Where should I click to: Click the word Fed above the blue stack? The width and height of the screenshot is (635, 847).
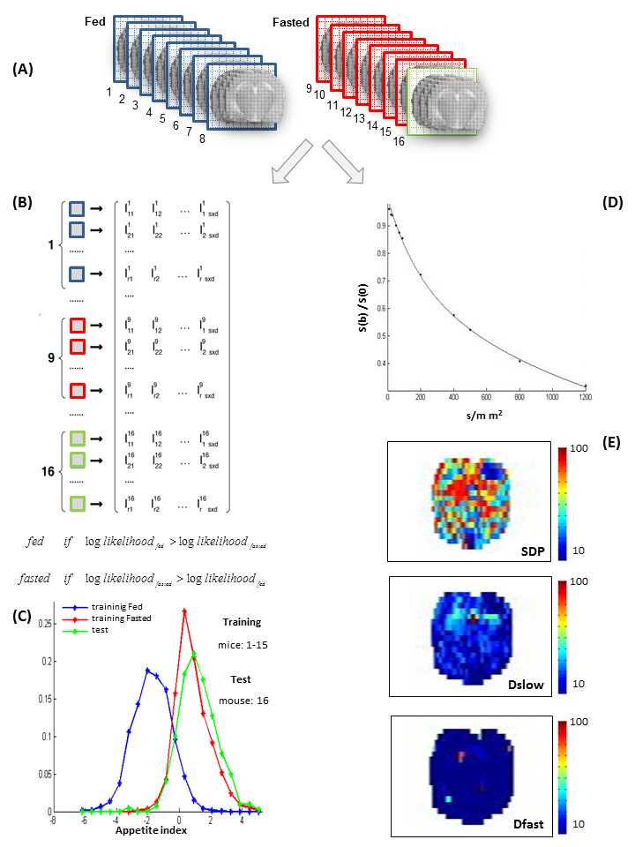coord(95,19)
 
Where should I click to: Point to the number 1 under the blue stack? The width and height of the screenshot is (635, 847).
coord(108,92)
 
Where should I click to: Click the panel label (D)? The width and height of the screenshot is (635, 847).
coord(612,202)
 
